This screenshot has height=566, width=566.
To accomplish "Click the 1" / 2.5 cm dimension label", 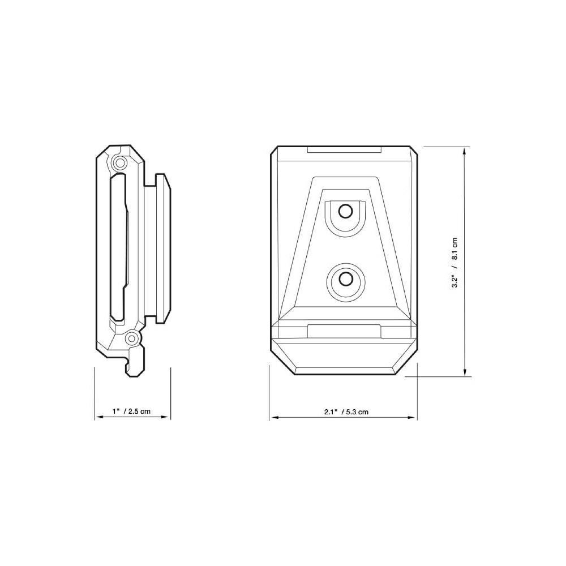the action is (x=131, y=411).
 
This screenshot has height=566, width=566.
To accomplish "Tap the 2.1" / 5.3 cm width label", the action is (x=346, y=411).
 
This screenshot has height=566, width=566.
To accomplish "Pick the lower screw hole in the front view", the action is (x=346, y=278).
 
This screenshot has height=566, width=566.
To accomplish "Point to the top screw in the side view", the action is (x=119, y=164).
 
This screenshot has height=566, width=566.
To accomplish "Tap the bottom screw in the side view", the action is (x=132, y=338).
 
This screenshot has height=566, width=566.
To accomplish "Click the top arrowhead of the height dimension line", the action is (x=465, y=152).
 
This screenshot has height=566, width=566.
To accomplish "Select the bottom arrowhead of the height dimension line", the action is (x=465, y=372).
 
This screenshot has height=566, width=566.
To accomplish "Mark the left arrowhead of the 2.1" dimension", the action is (x=274, y=418).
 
